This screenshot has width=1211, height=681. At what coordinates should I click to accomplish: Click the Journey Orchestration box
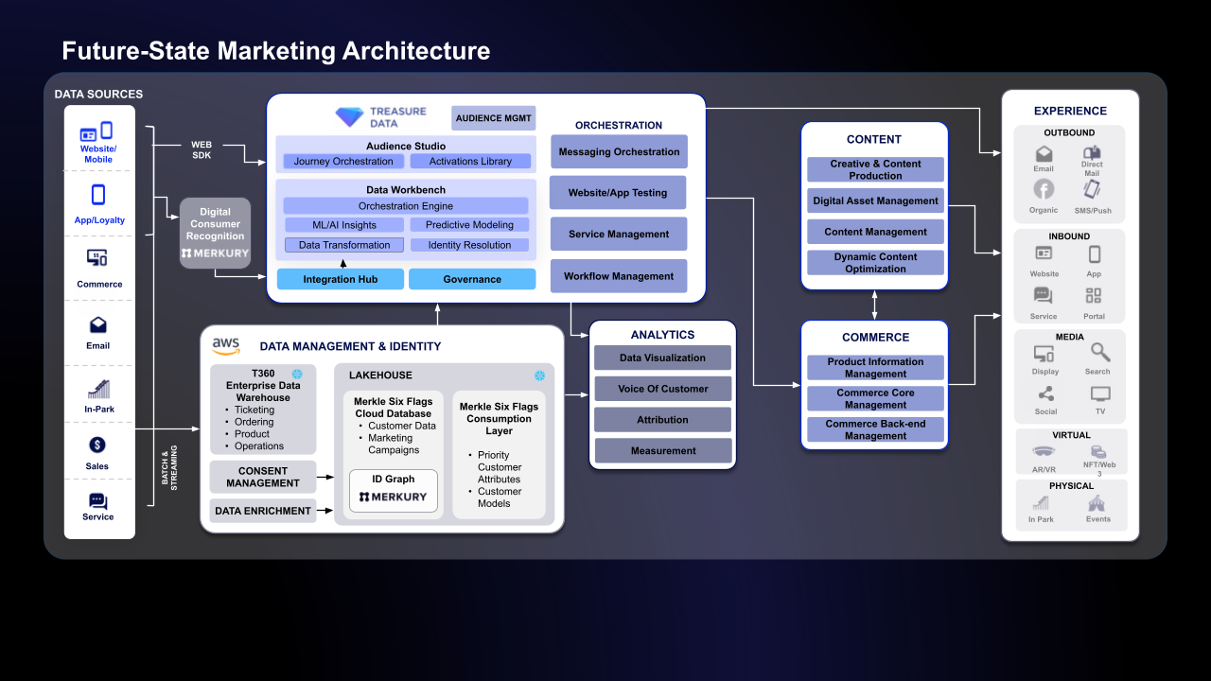pyautogui.click(x=343, y=162)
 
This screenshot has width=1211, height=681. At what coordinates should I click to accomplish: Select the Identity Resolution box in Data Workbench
pyautogui.click(x=469, y=245)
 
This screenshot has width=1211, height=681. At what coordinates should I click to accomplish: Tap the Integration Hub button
pyautogui.click(x=341, y=279)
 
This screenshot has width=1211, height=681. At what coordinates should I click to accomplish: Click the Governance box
pyautogui.click(x=472, y=279)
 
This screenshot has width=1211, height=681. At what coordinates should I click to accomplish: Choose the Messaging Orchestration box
pyautogui.click(x=619, y=152)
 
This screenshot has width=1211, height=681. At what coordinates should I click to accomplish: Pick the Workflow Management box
pyautogui.click(x=619, y=276)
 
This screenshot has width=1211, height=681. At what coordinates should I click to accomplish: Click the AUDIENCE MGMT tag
pyautogui.click(x=494, y=118)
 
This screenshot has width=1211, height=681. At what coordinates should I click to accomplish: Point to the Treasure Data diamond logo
pyautogui.click(x=349, y=117)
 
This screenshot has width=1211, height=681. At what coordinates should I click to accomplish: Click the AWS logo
pyautogui.click(x=226, y=346)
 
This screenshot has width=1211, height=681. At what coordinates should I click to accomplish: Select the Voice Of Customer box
pyautogui.click(x=662, y=389)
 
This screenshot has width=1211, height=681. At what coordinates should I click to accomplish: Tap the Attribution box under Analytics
pyautogui.click(x=662, y=420)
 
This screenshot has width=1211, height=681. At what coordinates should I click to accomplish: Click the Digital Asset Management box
pyautogui.click(x=875, y=201)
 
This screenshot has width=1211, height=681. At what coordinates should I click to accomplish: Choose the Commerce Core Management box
pyautogui.click(x=875, y=398)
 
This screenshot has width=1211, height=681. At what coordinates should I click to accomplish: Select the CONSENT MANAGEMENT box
pyautogui.click(x=263, y=477)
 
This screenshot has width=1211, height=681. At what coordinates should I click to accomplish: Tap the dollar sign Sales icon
pyautogui.click(x=97, y=445)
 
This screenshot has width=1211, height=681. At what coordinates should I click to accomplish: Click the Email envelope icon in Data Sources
pyautogui.click(x=98, y=325)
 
